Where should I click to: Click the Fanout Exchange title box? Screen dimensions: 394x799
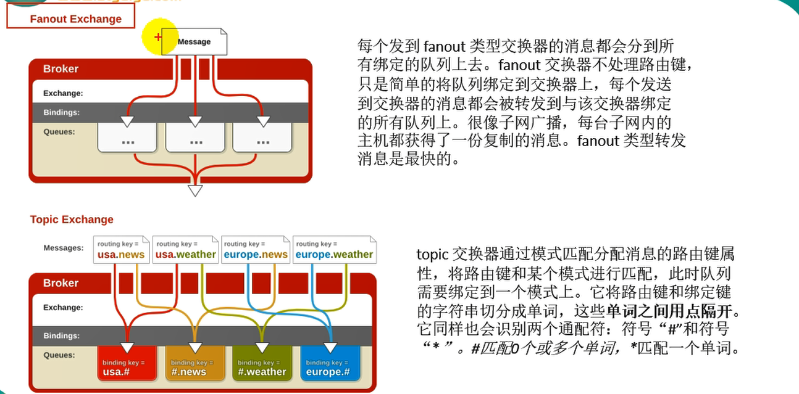click(x=71, y=18)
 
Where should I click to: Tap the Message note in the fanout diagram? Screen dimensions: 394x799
click(x=195, y=42)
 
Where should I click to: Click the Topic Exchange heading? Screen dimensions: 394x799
click(x=72, y=220)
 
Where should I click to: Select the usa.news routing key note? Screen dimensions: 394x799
click(x=121, y=250)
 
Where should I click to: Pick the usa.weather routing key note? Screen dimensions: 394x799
click(x=185, y=250)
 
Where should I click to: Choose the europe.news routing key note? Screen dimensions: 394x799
click(x=255, y=250)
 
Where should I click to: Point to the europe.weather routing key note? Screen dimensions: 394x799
click(x=334, y=250)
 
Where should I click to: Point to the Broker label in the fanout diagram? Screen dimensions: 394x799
click(x=61, y=69)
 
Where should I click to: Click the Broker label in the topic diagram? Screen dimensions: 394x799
click(x=61, y=283)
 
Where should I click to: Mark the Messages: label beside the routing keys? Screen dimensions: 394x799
click(x=63, y=248)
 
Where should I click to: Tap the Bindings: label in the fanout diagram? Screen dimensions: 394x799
click(x=61, y=113)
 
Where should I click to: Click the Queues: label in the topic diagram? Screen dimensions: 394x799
click(x=59, y=355)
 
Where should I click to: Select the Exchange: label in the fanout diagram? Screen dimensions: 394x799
click(x=62, y=94)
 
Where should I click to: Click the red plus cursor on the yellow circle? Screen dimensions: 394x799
click(x=158, y=38)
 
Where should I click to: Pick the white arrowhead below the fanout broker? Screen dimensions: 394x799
click(x=195, y=191)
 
